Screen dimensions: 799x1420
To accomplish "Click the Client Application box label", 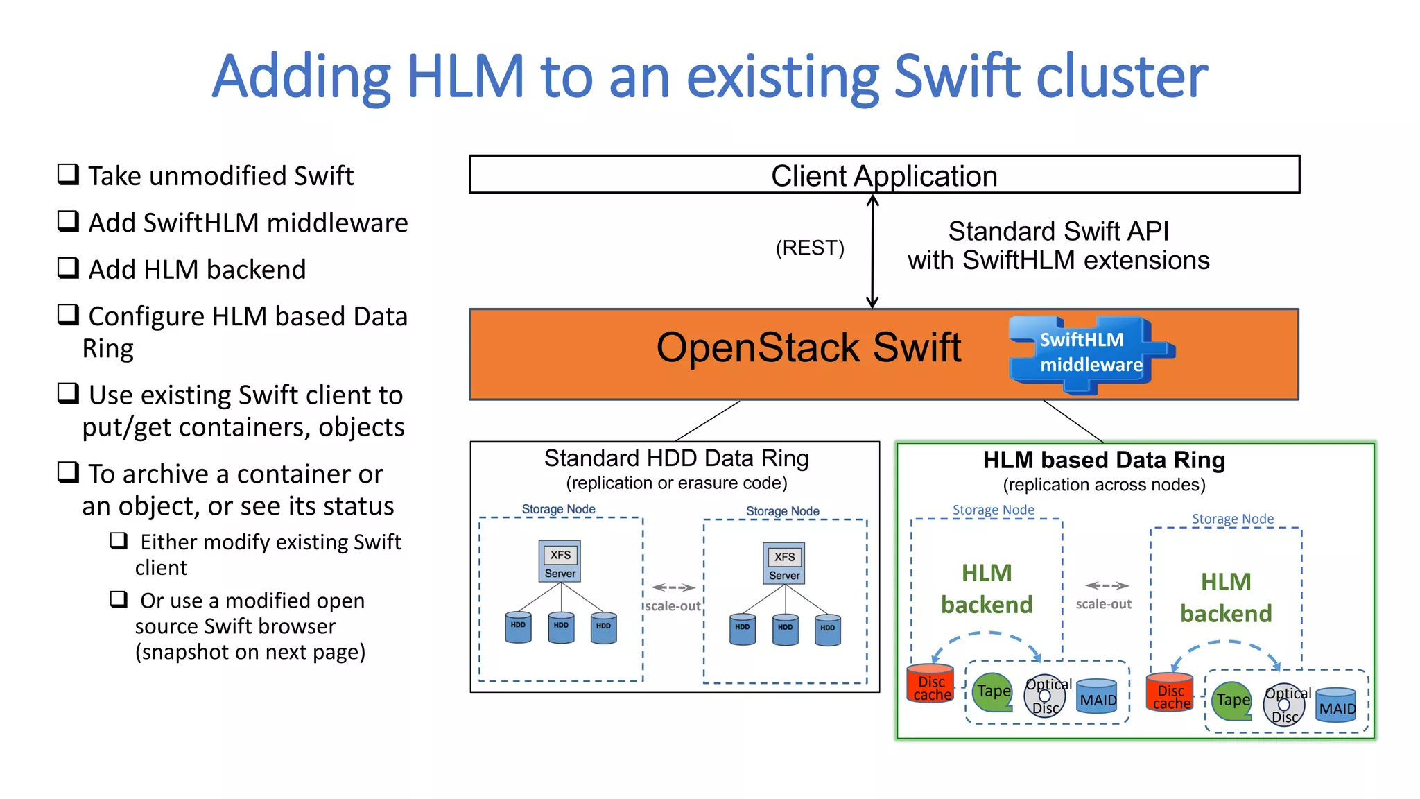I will click(x=884, y=175).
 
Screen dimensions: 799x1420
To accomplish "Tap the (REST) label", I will click(x=809, y=248).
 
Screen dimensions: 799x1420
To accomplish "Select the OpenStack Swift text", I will click(x=808, y=347).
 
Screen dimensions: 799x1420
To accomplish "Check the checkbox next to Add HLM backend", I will click(x=68, y=267).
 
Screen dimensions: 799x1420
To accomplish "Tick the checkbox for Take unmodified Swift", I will click(x=68, y=173).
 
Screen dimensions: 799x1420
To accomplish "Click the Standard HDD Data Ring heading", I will click(x=676, y=458).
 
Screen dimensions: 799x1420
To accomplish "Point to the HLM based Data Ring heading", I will click(x=1104, y=460).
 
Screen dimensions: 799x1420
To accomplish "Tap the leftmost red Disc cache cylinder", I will click(x=931, y=684).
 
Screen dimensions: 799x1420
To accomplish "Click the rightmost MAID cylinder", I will click(x=1336, y=705).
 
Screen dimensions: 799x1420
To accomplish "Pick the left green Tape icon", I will click(x=993, y=691).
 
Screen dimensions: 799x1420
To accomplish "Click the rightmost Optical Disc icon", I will click(x=1285, y=705).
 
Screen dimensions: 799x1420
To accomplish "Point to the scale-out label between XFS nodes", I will click(x=673, y=605).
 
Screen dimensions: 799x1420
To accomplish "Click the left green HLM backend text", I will click(x=987, y=589).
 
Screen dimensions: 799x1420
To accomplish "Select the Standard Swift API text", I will click(x=1058, y=231).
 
